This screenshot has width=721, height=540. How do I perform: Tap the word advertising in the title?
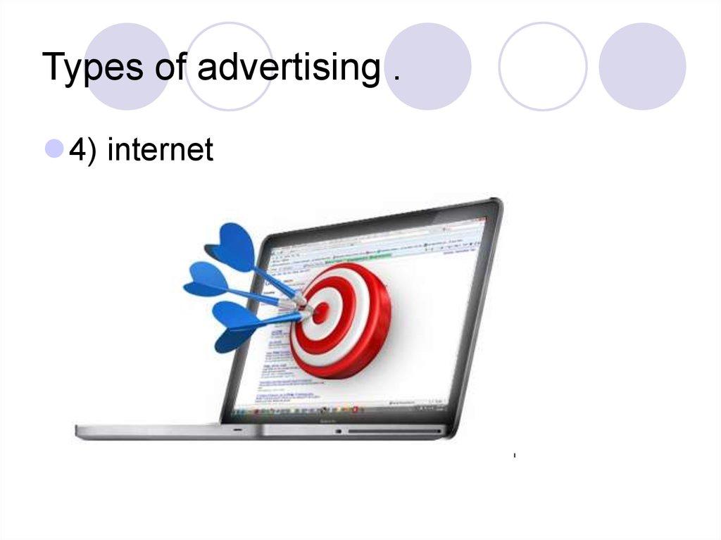pyautogui.click(x=288, y=68)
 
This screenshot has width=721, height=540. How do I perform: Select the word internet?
pyautogui.click(x=160, y=149)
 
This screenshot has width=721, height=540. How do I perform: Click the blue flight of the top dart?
pyautogui.click(x=232, y=246)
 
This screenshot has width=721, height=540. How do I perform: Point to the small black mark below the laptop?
pyautogui.click(x=515, y=456)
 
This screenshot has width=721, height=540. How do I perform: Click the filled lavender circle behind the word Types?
pyautogui.click(x=127, y=66)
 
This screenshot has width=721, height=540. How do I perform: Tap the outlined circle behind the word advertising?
pyautogui.click(x=229, y=66)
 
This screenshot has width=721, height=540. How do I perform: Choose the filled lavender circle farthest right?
pyautogui.click(x=642, y=66)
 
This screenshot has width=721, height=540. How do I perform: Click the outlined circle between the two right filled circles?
pyautogui.click(x=542, y=66)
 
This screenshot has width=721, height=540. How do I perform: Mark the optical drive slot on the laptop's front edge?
pyautogui.click(x=394, y=430)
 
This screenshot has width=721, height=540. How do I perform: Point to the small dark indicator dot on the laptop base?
pyautogui.click(x=339, y=430)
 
